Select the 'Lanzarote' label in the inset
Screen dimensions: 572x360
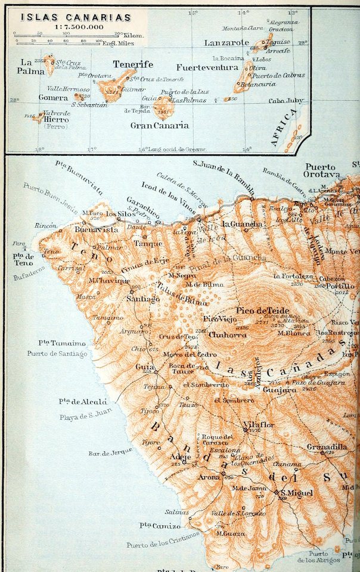(226, 43)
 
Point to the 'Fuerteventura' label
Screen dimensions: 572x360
(206, 68)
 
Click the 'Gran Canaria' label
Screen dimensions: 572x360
(159, 126)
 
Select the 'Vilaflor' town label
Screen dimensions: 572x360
(253, 425)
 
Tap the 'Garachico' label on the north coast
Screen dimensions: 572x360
(142, 201)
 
